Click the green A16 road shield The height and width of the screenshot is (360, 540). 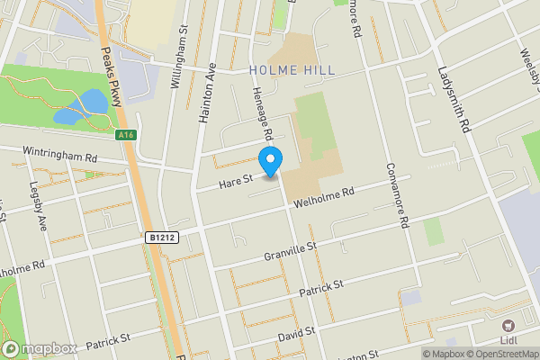[x=128, y=135]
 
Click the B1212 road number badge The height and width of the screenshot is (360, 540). [x=157, y=238]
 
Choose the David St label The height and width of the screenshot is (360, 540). [x=296, y=333]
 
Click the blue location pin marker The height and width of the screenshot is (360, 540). [x=271, y=159]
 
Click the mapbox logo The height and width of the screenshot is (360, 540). [x=39, y=348]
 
